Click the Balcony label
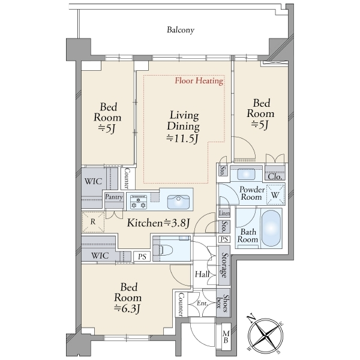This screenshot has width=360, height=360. click(x=181, y=30)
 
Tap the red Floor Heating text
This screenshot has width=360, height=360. click(x=199, y=81)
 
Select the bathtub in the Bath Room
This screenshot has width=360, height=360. click(x=271, y=228)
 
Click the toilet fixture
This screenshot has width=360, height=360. click(x=164, y=250)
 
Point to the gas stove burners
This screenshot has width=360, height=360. click(x=139, y=202)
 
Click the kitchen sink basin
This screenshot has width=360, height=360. click(x=178, y=202)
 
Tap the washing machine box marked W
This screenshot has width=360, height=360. click(x=275, y=195)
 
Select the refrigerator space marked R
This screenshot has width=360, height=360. click(x=93, y=222)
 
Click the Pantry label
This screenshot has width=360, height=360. click(x=114, y=197)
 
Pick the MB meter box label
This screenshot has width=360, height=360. click(x=226, y=337)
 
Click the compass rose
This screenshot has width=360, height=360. click(x=266, y=335)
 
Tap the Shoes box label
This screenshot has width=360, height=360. click(x=223, y=303)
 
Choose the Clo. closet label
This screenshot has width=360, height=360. click(x=275, y=176)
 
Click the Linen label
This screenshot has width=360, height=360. click(x=224, y=213)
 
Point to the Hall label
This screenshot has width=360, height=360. click(x=202, y=274)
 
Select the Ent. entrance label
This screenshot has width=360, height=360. click(x=202, y=303)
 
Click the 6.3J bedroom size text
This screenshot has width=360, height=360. click(x=127, y=308)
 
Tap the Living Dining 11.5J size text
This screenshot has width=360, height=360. click(x=182, y=139)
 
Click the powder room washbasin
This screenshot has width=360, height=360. click(x=246, y=174)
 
